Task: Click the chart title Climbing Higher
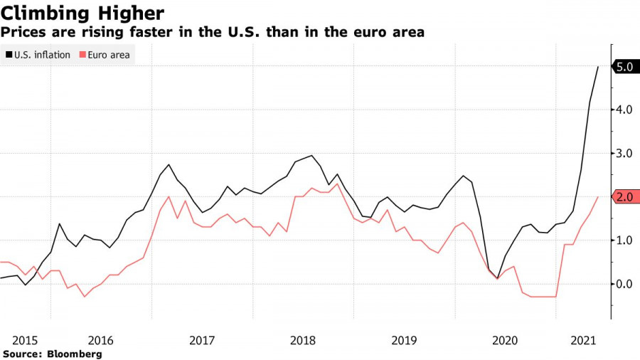[x=84, y=13]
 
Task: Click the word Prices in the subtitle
[x=23, y=32]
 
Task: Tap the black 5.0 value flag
[x=626, y=67]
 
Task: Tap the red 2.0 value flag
[x=626, y=197]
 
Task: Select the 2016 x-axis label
[x=100, y=340]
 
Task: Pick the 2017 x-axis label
[x=203, y=340]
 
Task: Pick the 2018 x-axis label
[x=304, y=340]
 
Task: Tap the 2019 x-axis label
[x=405, y=340]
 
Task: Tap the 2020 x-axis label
[x=506, y=340]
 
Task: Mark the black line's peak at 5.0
[x=597, y=67]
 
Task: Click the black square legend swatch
[x=8, y=55]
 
